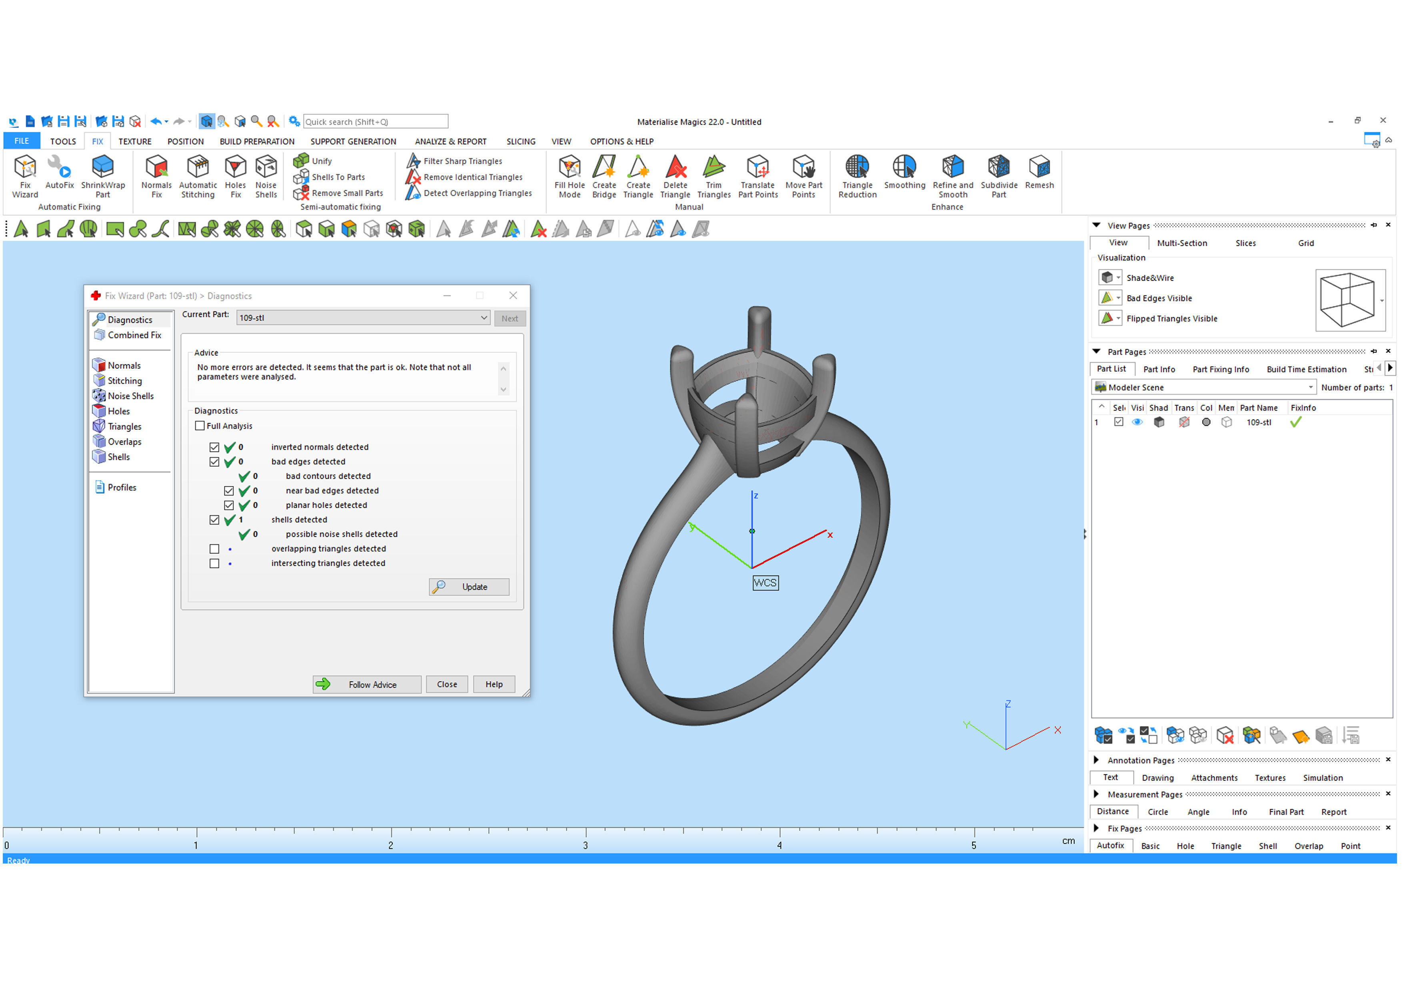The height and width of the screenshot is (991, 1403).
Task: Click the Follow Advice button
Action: (367, 685)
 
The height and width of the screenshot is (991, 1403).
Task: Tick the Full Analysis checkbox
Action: (200, 426)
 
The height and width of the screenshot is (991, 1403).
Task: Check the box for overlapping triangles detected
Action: (214, 549)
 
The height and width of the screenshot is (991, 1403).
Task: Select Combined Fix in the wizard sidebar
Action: (134, 335)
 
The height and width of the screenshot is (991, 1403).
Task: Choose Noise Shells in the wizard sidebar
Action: (130, 396)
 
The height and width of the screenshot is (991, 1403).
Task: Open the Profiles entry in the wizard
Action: (122, 488)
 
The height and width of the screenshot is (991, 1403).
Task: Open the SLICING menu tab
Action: (521, 142)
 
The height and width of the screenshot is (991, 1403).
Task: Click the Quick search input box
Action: (375, 122)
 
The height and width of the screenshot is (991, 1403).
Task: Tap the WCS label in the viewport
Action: (765, 583)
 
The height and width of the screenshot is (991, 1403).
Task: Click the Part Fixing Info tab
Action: (1220, 369)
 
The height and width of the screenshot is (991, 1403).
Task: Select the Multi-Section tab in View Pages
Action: (1182, 243)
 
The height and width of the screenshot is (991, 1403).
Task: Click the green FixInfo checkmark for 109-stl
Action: (1295, 422)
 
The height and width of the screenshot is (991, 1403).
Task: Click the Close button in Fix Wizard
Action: (447, 685)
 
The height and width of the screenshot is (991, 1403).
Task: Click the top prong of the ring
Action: (759, 330)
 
